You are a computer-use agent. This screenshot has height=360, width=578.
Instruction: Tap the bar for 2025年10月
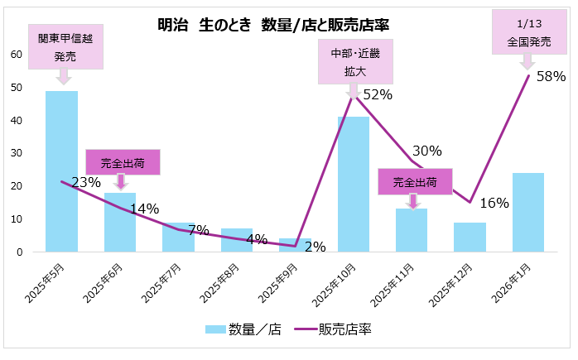(354, 184)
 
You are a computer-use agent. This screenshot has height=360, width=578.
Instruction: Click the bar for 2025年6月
(120, 222)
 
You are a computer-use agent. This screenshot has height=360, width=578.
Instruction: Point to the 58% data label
(550, 77)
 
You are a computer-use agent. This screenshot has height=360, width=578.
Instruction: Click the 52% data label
(377, 94)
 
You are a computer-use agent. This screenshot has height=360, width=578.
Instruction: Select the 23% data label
(86, 182)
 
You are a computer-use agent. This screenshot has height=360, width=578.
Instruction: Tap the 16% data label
(494, 204)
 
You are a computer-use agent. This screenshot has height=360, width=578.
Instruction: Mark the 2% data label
(315, 246)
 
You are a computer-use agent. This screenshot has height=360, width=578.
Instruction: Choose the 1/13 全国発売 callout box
(528, 31)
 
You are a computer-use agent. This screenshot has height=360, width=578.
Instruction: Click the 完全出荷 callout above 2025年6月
(122, 162)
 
